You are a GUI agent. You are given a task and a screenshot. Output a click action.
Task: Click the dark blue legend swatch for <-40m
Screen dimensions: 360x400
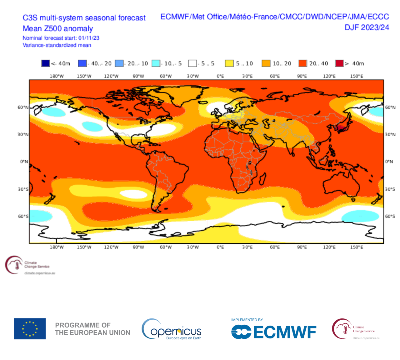pos(45,63)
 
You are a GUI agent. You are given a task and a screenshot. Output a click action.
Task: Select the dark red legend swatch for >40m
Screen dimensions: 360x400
pos(339,63)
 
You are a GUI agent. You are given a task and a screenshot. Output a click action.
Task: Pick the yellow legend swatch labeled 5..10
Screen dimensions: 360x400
pos(229,63)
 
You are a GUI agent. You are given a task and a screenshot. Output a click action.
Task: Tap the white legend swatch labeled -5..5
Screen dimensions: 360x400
pos(192,63)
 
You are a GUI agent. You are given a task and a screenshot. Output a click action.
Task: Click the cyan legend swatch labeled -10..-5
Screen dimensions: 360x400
pos(156,63)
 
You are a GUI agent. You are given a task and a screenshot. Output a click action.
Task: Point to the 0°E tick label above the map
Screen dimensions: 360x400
pos(220,76)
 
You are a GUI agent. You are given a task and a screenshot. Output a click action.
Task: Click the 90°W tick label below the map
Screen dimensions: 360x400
pos(138,247)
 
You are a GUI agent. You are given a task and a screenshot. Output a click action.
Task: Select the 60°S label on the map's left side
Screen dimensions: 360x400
pos(23,216)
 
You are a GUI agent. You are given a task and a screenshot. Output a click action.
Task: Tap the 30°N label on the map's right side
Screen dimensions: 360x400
pos(390,135)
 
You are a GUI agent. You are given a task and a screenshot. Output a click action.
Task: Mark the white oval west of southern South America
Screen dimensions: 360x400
pos(133,194)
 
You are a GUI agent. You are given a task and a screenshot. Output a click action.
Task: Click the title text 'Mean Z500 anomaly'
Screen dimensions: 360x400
pos(58,29)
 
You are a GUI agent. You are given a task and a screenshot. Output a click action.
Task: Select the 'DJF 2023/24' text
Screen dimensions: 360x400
pos(367,27)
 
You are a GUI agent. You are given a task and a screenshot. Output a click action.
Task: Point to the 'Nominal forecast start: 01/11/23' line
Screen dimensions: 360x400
pos(61,38)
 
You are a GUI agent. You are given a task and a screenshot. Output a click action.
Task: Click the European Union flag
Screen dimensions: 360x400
pos(30,328)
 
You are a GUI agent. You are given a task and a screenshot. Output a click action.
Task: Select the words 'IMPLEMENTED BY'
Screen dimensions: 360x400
pos(247,320)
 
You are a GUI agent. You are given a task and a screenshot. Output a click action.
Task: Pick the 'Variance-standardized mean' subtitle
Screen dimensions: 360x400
pos(57,45)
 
